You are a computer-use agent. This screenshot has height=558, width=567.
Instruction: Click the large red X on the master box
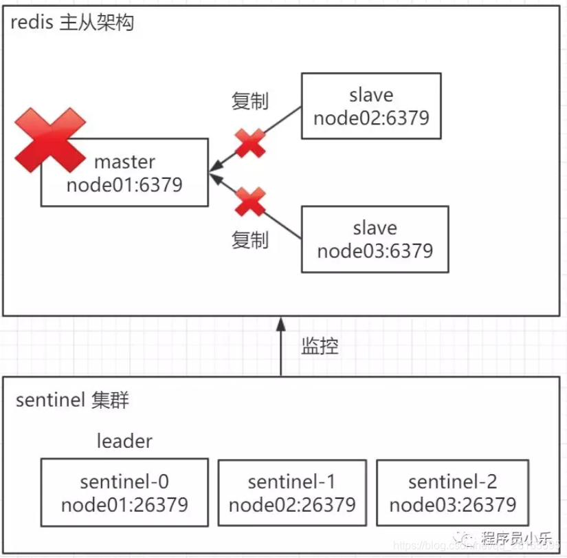click(49, 140)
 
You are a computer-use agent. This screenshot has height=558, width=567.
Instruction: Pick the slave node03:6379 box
click(375, 239)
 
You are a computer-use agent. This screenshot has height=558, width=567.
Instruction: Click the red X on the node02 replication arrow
click(250, 143)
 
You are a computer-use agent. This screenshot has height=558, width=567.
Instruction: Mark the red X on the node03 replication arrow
click(250, 203)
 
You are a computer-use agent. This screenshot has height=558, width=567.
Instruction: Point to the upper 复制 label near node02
click(249, 101)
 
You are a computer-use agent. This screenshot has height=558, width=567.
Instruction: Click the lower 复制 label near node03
click(249, 240)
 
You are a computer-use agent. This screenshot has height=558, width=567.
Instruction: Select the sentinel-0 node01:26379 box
click(124, 493)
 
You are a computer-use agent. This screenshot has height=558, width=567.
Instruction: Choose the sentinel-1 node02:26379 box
click(292, 493)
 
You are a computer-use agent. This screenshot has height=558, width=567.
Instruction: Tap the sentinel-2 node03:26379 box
click(453, 493)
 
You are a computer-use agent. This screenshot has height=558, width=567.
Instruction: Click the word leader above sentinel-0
click(124, 440)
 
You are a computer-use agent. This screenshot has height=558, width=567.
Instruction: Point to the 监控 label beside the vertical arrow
click(320, 346)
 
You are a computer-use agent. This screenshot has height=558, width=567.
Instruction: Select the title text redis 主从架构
click(72, 23)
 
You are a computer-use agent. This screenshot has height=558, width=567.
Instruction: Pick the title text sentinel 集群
click(72, 400)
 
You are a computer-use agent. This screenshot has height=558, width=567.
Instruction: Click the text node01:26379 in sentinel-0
click(124, 505)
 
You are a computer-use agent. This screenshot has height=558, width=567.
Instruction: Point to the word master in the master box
click(124, 162)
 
